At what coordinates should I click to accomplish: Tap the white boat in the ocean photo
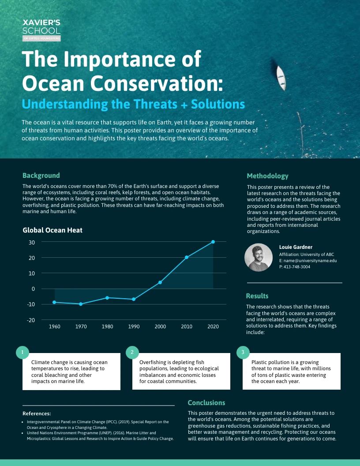pos(281,78)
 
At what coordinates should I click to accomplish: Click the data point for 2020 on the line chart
pos(213,242)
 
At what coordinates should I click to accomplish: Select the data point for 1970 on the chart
pos(81,304)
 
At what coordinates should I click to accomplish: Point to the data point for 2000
pos(160,282)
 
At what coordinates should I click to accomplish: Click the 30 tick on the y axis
pos(31,242)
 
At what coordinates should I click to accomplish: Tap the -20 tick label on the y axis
pos(30,320)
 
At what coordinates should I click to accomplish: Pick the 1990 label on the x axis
pos(134,327)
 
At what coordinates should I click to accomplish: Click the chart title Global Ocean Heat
pos(52,230)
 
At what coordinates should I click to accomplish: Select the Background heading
pos(41,175)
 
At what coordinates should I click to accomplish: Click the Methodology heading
pos(267,176)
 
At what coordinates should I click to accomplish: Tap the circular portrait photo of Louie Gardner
pos(259,257)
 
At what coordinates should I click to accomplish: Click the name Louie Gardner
pos(296,247)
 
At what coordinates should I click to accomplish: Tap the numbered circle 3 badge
pos(243,352)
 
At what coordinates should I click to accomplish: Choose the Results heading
pos(257,296)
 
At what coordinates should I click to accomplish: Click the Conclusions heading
pos(206,403)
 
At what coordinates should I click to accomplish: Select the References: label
pos(37,413)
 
